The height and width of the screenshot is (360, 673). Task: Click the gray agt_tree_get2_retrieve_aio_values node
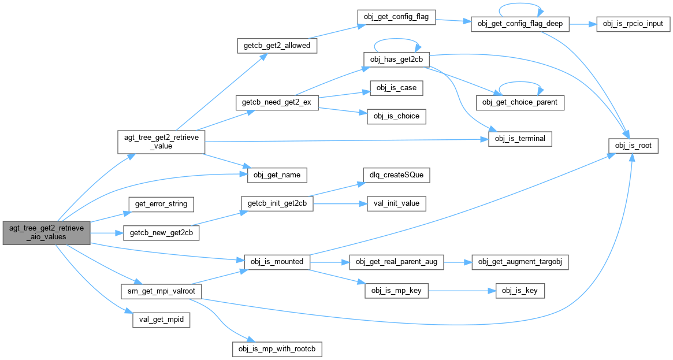tap(46, 233)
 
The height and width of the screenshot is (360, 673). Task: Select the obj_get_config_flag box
tap(396, 17)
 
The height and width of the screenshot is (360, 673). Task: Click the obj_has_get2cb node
tap(396, 60)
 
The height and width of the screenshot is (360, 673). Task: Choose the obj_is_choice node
tap(396, 116)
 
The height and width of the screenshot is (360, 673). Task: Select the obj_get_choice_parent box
tap(520, 102)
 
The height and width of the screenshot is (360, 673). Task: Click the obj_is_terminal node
tap(520, 139)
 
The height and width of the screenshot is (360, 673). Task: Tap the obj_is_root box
tap(633, 146)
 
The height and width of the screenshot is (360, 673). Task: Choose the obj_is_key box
tap(520, 291)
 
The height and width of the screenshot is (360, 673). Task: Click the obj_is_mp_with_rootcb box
tap(277, 349)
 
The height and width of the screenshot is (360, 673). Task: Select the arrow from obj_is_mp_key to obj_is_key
tap(462, 291)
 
